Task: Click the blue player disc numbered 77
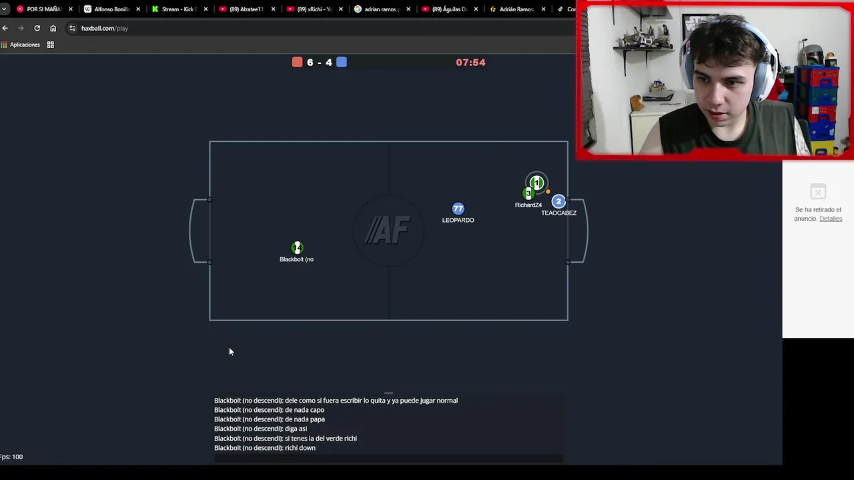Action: pyautogui.click(x=458, y=209)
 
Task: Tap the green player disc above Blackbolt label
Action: pyautogui.click(x=297, y=248)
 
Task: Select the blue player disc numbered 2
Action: pyautogui.click(x=558, y=201)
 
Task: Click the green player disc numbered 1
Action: pyautogui.click(x=537, y=183)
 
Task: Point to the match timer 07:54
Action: pyautogui.click(x=470, y=62)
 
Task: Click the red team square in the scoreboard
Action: pyautogui.click(x=298, y=62)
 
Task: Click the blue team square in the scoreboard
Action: pyautogui.click(x=342, y=62)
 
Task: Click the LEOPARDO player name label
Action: pyautogui.click(x=458, y=220)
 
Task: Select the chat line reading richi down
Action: pyautogui.click(x=265, y=448)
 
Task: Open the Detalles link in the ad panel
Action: pyautogui.click(x=831, y=219)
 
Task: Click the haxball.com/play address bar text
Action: pyautogui.click(x=105, y=28)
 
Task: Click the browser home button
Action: pyautogui.click(x=53, y=28)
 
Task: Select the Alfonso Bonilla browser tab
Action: pyautogui.click(x=111, y=9)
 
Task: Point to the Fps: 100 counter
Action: pyautogui.click(x=11, y=457)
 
